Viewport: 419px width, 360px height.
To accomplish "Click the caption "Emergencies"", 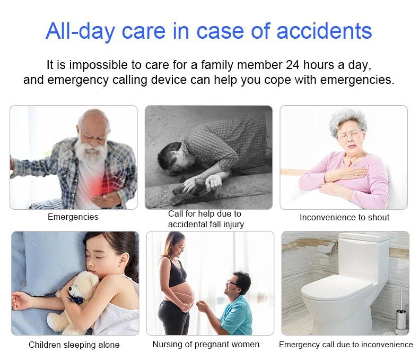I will point(73,217).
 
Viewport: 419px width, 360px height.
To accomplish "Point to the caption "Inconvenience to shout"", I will point(344,217).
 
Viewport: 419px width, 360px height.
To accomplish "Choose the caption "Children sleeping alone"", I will point(74,345).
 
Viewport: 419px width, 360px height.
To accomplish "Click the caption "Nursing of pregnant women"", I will point(206,344).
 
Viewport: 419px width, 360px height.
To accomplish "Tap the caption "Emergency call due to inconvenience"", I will point(346,345).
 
